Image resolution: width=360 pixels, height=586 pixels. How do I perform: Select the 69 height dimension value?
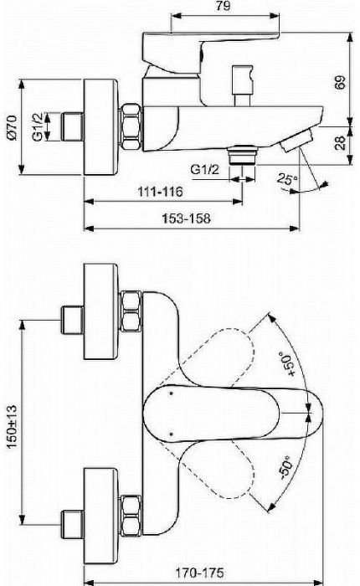(x=340, y=83)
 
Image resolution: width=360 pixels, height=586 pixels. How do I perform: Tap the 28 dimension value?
(x=340, y=144)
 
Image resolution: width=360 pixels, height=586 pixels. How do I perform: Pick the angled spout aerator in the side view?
(x=293, y=143)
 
